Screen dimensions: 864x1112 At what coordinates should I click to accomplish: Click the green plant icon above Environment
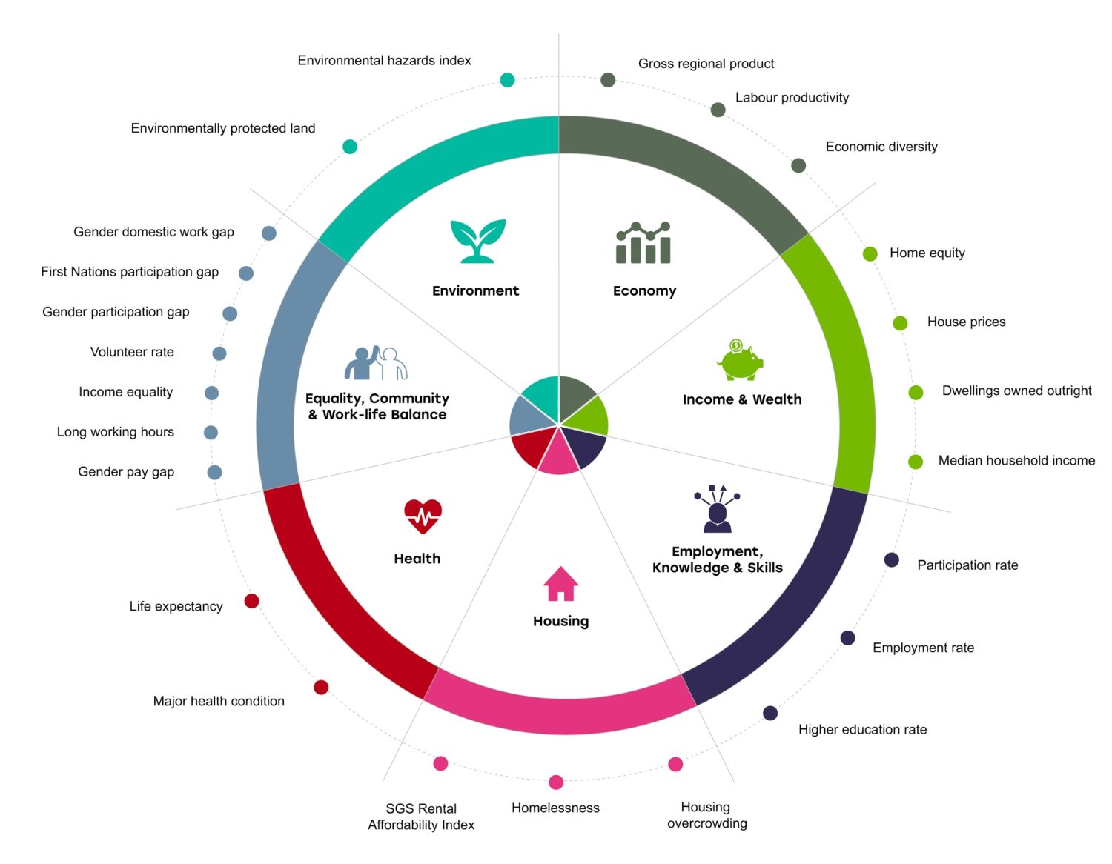point(478,241)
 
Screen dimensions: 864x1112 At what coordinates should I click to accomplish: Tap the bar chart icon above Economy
point(643,243)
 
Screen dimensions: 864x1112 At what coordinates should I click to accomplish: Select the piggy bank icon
point(740,360)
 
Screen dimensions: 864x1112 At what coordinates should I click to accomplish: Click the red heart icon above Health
point(423,516)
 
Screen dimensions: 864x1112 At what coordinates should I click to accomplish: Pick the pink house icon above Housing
point(560,584)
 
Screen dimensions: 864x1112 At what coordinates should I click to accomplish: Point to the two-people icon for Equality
point(376,363)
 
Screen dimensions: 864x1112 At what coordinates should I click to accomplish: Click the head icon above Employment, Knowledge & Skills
point(717,509)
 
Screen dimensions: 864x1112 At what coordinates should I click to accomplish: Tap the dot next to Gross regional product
point(608,80)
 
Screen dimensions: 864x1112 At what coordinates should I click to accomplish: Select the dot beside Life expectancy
point(252,601)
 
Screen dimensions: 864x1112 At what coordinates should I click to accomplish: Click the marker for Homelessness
point(556,782)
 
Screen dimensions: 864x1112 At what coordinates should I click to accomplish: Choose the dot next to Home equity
point(870,254)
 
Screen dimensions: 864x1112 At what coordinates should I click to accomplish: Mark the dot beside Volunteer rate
point(219,353)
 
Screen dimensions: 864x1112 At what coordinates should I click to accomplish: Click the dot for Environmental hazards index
point(507,80)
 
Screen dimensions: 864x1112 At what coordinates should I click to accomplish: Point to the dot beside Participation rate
point(892,560)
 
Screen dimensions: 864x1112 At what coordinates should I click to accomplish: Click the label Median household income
point(1016,461)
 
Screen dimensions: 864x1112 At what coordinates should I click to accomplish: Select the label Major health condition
point(219,701)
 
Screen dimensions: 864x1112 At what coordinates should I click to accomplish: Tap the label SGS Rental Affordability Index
point(421,817)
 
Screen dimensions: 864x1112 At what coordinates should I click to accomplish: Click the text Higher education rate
point(862,730)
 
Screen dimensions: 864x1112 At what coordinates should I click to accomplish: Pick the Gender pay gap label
point(126,472)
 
